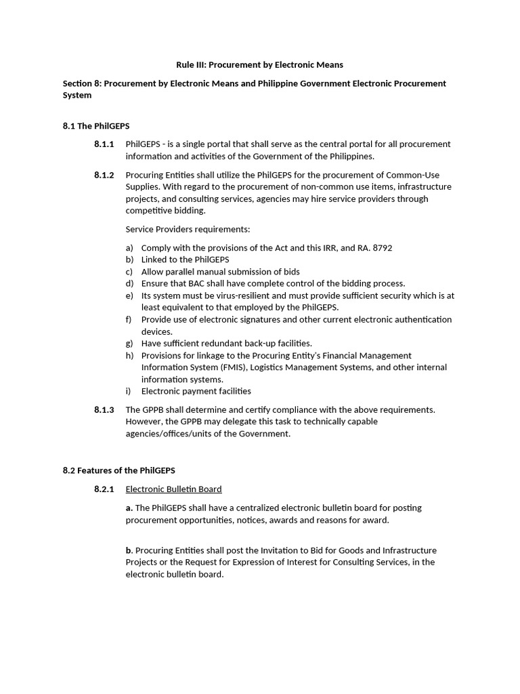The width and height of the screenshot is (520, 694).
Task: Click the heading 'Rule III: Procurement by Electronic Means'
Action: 259,65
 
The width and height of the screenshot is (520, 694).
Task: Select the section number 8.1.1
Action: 104,144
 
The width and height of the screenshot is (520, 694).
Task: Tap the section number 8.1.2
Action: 104,175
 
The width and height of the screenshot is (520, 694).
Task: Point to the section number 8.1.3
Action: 104,409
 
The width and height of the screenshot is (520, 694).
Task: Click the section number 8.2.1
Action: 104,489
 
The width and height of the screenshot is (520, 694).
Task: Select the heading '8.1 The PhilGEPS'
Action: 95,126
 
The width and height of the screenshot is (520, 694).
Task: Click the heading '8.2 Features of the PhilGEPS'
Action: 118,470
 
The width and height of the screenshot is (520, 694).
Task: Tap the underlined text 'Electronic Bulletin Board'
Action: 173,489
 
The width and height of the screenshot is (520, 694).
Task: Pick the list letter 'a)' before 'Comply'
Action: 129,248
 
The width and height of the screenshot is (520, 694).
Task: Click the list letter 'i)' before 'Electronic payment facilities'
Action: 128,391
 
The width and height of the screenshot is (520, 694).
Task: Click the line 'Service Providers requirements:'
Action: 188,229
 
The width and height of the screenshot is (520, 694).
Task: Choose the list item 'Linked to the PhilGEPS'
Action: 185,260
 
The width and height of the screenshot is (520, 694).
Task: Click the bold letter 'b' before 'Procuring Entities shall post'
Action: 128,550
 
